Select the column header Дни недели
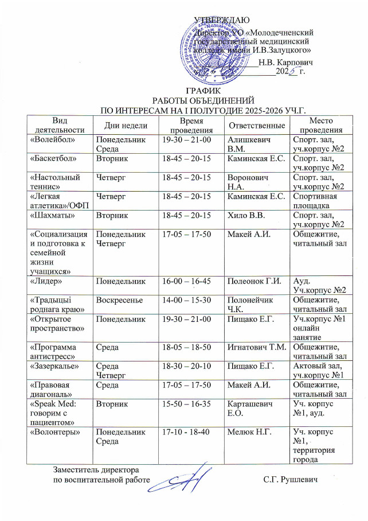tap(125, 125)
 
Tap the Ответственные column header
tap(256, 125)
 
